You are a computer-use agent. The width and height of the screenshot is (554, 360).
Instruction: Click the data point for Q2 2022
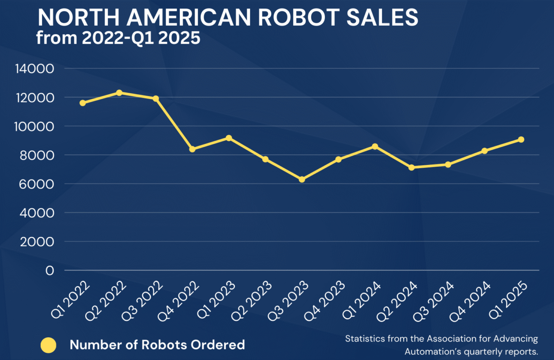pos(119,93)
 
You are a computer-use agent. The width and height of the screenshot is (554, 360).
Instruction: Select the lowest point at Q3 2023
pos(302,180)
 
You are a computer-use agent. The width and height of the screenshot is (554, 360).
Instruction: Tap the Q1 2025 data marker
pos(521,140)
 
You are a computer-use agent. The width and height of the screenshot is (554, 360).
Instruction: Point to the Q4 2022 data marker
pos(192,149)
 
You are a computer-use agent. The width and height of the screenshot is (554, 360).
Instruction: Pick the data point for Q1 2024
pos(375,147)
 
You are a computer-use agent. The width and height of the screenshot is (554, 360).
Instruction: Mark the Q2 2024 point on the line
pos(411,167)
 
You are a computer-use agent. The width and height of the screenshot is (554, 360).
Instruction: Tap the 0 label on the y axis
pos(49,271)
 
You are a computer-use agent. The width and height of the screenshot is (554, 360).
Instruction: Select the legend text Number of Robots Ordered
pos(157,345)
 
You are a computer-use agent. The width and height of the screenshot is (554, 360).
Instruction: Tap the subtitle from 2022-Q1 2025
pos(118,38)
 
